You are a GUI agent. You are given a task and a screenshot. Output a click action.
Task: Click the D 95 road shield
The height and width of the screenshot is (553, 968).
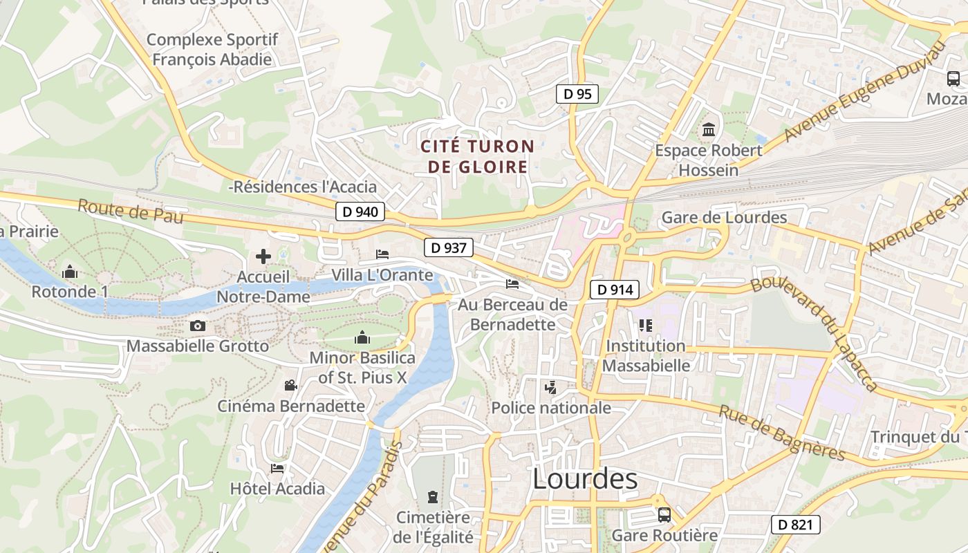[x=577, y=94]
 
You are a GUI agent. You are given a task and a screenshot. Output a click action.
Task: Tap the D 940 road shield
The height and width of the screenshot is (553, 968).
[x=360, y=212]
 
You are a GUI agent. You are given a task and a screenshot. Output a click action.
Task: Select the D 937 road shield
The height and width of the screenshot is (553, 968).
[x=448, y=247]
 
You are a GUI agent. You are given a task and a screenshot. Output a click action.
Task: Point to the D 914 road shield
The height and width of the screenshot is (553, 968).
[x=614, y=290]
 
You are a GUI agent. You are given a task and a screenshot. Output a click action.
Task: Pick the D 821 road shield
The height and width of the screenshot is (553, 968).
[x=795, y=525]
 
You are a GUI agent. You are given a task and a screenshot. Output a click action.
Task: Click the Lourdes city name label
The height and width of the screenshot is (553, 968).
[x=585, y=478]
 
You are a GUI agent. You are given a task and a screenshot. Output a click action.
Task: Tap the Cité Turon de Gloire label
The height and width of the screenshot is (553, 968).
[x=478, y=156]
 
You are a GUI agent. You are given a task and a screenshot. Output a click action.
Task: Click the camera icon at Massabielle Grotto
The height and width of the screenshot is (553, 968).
[x=198, y=326]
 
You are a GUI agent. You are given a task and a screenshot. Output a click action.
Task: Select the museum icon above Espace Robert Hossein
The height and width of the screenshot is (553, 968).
[x=709, y=129]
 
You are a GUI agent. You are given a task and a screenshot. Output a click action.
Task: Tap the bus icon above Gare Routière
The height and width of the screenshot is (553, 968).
[x=664, y=514]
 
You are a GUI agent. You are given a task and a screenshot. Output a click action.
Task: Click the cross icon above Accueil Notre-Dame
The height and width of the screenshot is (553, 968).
[x=263, y=256]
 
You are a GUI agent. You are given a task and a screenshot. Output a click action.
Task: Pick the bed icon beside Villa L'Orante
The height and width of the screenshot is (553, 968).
[x=382, y=254]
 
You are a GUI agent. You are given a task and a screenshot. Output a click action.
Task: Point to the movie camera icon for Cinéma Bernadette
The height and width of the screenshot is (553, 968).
[x=291, y=385]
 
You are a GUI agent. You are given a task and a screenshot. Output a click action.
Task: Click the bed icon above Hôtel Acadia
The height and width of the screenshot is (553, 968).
[x=277, y=468]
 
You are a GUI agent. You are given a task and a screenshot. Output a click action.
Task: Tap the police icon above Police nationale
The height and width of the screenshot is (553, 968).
[x=550, y=387]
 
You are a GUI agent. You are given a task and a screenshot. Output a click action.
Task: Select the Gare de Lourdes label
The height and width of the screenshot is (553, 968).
[x=724, y=218]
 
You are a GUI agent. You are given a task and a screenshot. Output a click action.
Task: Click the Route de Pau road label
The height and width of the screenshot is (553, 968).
[x=130, y=211]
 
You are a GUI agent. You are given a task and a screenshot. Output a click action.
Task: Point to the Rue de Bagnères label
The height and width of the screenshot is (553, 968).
[x=782, y=433]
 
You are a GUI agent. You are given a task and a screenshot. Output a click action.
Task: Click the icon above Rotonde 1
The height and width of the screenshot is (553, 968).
[x=70, y=272]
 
